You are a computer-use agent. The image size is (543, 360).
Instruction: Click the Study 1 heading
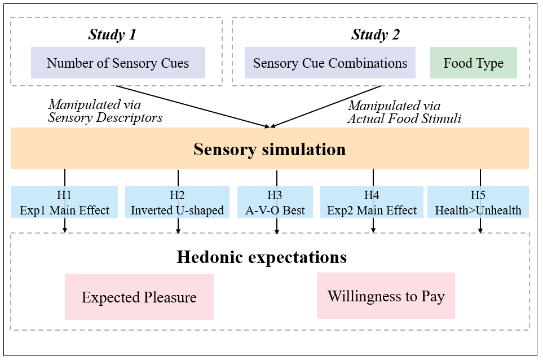[112, 34]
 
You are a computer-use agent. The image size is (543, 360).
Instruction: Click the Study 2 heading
[376, 34]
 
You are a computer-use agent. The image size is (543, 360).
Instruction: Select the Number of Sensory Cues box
[118, 63]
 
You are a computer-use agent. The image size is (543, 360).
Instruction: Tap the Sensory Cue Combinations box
[330, 63]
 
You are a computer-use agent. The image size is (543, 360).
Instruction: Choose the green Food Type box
[473, 63]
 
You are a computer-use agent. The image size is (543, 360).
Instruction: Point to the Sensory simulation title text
[270, 150]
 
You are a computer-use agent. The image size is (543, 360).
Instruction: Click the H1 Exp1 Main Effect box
[64, 203]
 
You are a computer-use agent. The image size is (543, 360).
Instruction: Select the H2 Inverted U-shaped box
[177, 203]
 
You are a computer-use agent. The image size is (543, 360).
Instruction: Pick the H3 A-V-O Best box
[275, 203]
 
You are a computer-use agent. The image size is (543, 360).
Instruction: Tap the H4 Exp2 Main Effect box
[372, 203]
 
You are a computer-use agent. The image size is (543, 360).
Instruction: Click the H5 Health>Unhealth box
[478, 203]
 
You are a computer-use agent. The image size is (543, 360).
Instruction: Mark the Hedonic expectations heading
[262, 257]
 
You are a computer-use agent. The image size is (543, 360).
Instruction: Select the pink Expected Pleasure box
[139, 297]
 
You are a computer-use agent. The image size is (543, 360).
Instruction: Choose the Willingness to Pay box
[386, 295]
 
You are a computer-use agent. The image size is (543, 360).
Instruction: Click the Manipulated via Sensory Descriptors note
[105, 111]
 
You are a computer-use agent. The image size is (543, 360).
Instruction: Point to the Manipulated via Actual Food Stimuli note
[404, 112]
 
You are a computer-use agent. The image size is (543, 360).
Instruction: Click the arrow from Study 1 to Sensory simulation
[192, 107]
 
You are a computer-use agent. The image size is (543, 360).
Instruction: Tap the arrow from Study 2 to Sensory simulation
[327, 107]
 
